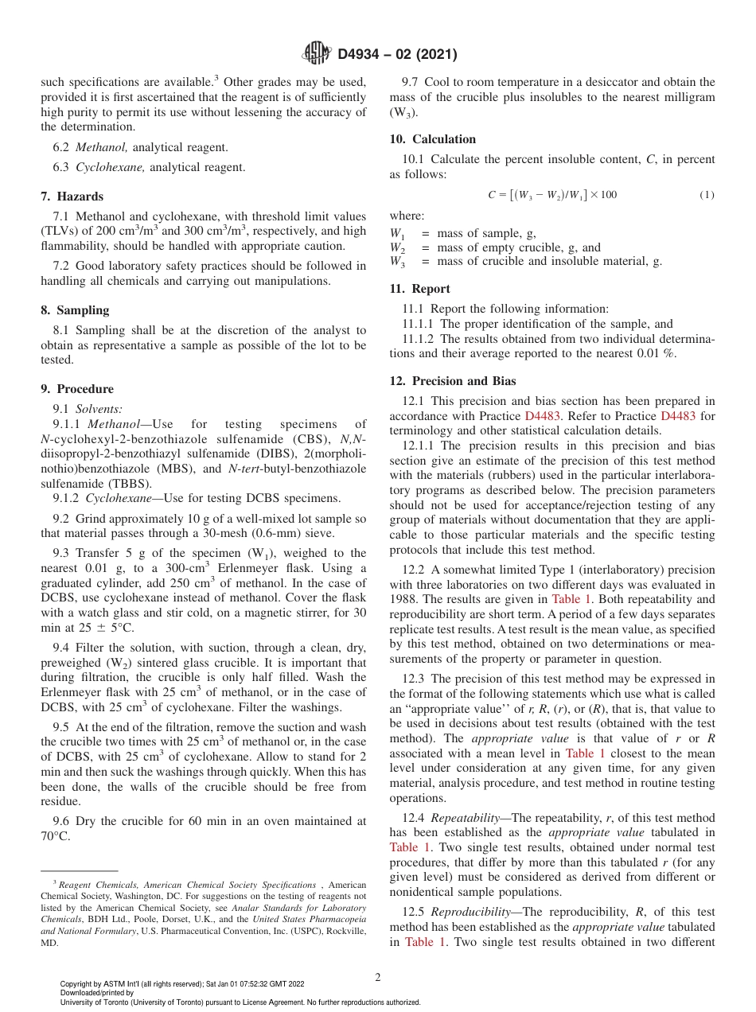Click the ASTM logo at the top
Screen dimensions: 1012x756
click(317, 54)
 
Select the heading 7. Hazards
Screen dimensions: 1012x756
click(72, 197)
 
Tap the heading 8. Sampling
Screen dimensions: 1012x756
click(76, 310)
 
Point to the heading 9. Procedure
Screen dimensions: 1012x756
click(77, 389)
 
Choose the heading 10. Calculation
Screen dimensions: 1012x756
click(433, 139)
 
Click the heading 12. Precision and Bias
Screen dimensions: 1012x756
click(453, 381)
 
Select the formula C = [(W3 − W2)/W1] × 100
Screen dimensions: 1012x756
click(552, 195)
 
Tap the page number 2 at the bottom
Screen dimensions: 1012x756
click(378, 978)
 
